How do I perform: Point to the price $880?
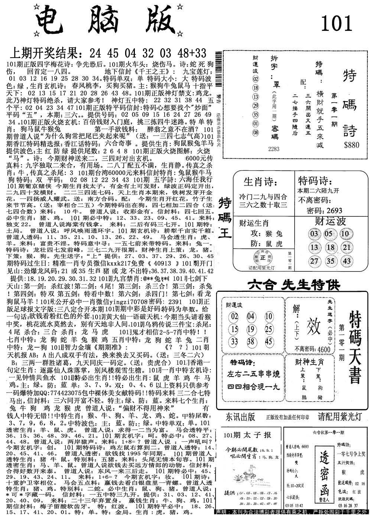pyautogui.click(x=351, y=145)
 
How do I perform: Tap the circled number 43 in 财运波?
pyautogui.click(x=347, y=261)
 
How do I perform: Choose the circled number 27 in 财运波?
pyautogui.click(x=314, y=261)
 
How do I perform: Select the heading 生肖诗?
pyautogui.click(x=260, y=183)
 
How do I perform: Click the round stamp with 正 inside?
pyautogui.click(x=262, y=258)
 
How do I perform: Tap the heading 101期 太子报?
pyautogui.click(x=247, y=435)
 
